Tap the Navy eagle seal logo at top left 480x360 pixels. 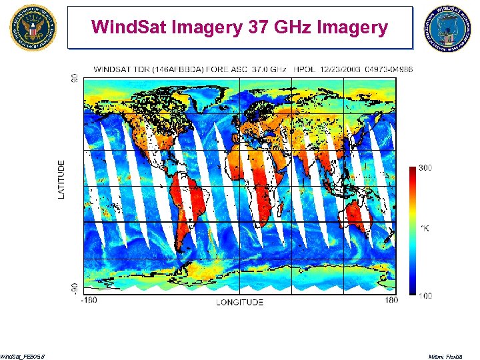tap(33, 27)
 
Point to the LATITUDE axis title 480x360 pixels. tap(62, 179)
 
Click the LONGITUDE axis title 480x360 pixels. tap(239, 302)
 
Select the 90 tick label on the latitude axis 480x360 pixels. tap(73, 78)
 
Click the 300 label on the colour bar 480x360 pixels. tap(425, 168)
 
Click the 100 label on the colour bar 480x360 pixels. tap(425, 295)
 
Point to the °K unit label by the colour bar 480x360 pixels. tap(424, 229)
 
